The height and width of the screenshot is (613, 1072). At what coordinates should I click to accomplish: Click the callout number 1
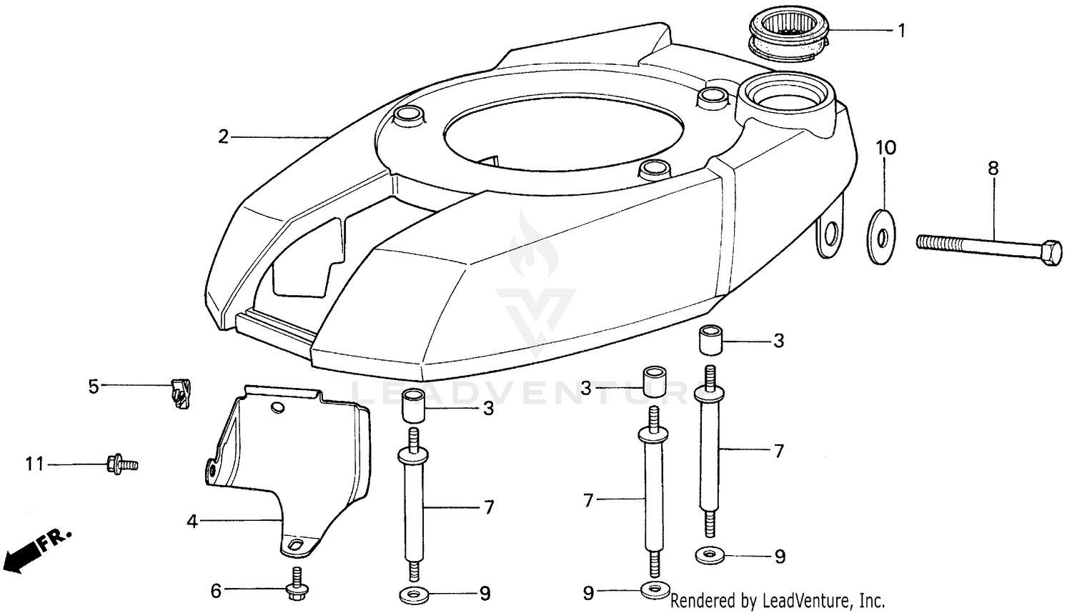[x=902, y=31]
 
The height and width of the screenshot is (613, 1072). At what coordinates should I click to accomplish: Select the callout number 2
[x=224, y=137]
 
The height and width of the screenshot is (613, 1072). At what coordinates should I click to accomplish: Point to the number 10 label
[x=885, y=148]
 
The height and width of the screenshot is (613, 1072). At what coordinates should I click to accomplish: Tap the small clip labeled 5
[x=182, y=394]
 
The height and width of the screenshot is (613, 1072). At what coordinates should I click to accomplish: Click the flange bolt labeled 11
[x=121, y=464]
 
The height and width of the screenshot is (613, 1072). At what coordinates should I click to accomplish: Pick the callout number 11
[x=35, y=464]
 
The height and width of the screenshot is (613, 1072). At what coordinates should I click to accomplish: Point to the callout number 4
[x=192, y=521]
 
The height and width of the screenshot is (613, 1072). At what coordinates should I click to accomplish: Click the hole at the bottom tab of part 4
[x=294, y=544]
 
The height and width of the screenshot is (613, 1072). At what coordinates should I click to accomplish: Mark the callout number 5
[x=94, y=386]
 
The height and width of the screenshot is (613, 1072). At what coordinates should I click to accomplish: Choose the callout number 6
[x=217, y=592]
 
